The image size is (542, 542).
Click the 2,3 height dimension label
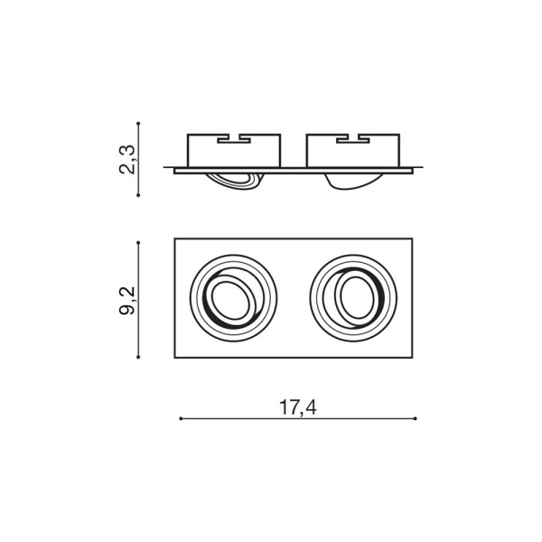[x=127, y=159]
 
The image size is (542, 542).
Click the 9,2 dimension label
[x=127, y=301]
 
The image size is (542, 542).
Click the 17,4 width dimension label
[x=297, y=407]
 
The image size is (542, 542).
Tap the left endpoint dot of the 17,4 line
[x=181, y=418]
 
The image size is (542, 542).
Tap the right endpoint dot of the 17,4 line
[x=416, y=418]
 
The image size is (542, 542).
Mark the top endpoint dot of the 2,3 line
[x=138, y=123]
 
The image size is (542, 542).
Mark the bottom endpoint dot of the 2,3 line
[x=138, y=195]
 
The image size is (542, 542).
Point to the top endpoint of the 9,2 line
[x=138, y=243]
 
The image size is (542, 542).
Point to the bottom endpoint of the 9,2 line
[x=138, y=357]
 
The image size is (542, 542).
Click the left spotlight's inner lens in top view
[x=231, y=300]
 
